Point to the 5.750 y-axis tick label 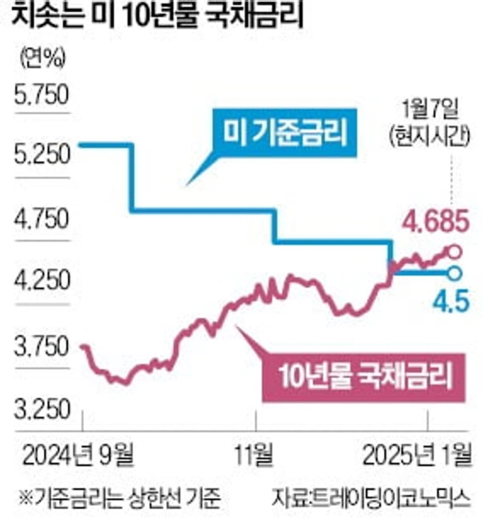coord(42,95)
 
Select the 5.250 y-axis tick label coord(42,158)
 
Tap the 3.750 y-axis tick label coord(42,348)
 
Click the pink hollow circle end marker coord(455,251)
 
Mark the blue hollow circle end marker coord(455,273)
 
